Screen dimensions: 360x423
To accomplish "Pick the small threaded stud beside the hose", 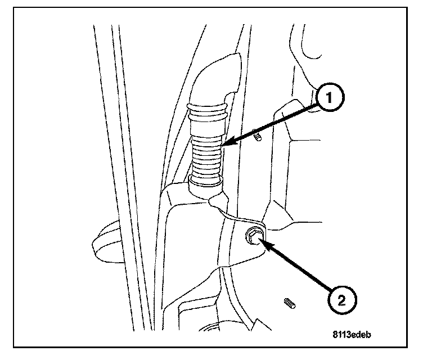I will (x=258, y=137).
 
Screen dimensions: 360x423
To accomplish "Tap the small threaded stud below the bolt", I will (x=289, y=304).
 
